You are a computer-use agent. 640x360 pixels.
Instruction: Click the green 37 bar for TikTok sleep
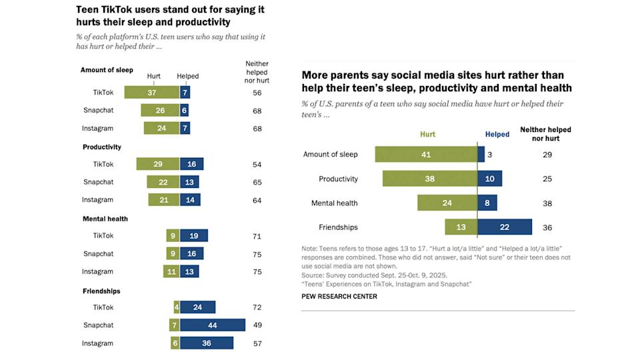point(151,92)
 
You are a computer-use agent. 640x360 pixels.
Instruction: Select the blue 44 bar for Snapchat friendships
point(212,325)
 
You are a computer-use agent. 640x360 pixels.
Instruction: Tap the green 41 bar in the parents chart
point(427,154)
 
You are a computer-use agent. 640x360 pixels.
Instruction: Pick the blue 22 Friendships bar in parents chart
point(505,227)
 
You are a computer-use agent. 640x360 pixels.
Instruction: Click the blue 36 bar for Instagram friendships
point(206,343)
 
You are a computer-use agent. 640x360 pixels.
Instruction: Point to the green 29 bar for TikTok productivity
point(157,164)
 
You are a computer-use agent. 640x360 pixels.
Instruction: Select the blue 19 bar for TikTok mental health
point(193,236)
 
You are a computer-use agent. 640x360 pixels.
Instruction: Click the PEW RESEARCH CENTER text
point(339,297)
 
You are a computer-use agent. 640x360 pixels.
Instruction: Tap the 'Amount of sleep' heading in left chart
point(107,70)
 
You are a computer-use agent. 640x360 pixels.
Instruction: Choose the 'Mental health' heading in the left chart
point(105,219)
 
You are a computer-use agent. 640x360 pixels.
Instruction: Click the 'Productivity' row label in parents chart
point(338,179)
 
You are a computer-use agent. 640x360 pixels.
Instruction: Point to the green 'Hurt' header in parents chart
point(427,134)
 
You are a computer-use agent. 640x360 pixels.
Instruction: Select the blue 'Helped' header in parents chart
point(497,134)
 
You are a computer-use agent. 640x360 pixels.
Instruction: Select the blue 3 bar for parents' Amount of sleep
point(481,154)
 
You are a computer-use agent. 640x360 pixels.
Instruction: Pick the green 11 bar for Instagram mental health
point(171,271)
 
